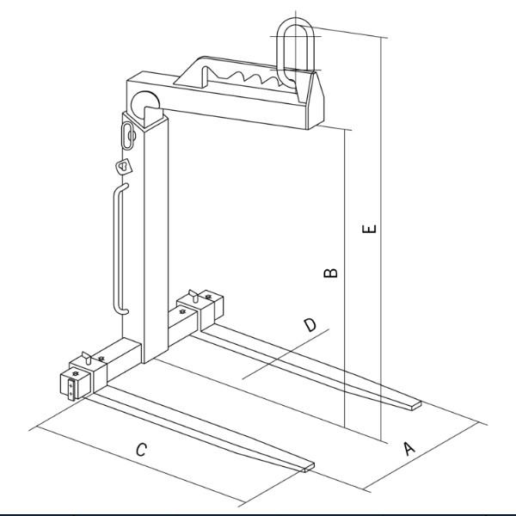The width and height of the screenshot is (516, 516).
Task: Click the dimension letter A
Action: pos(409,449)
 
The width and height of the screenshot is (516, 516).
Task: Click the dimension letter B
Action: pos(331,273)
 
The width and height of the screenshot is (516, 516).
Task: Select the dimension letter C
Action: pos(142,450)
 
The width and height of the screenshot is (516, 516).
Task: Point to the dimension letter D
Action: pos(310,325)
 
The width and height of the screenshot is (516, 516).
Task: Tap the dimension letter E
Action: pos(369,229)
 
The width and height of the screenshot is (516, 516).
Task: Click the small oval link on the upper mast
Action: pos(127,136)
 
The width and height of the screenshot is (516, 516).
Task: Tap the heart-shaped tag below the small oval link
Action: pos(124,166)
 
